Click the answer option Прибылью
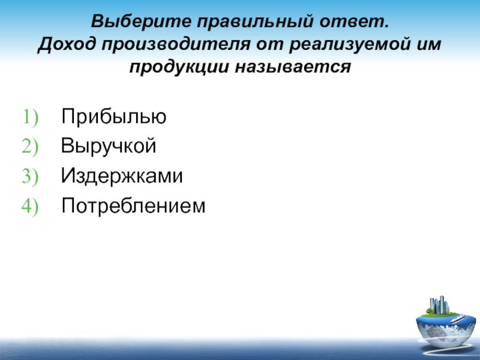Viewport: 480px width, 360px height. [x=114, y=116]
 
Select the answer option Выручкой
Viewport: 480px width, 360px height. [x=109, y=146]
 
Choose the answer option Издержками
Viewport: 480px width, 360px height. [x=122, y=176]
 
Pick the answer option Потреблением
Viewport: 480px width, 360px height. [x=133, y=205]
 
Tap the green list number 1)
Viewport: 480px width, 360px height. [x=30, y=117]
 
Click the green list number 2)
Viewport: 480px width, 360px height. [x=30, y=146]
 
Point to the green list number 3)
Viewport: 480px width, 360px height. [x=30, y=176]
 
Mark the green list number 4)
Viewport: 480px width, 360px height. [x=30, y=206]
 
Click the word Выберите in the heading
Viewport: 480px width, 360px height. [x=141, y=22]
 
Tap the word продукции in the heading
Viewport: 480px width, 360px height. [x=179, y=67]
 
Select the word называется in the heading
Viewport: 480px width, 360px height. [x=293, y=67]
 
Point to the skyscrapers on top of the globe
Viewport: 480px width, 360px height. [x=439, y=305]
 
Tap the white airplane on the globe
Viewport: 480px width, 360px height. [x=458, y=319]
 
